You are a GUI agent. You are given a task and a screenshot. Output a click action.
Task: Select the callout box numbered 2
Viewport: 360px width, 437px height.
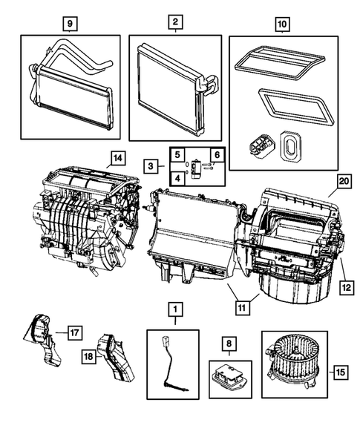pos(174,23)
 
